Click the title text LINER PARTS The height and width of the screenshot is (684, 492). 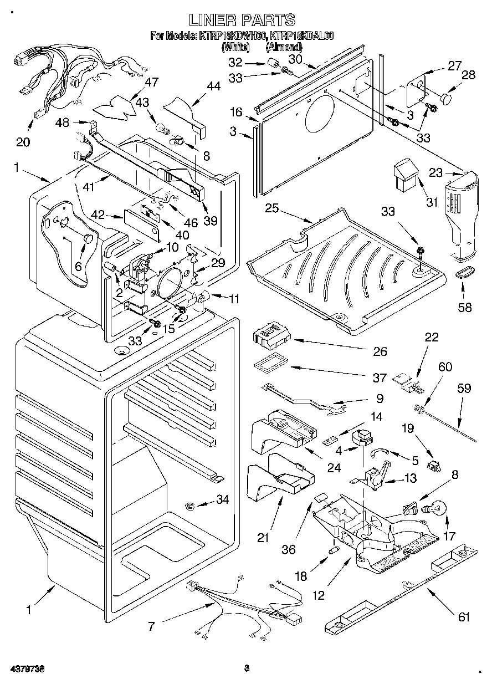tap(242, 21)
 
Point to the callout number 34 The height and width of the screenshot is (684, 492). tap(222, 500)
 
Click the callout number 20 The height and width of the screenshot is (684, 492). tap(23, 142)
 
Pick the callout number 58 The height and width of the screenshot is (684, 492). tap(465, 307)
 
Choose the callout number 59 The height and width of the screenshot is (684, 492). tap(464, 389)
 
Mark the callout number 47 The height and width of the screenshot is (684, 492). tap(151, 82)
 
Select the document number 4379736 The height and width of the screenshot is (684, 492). tap(23, 668)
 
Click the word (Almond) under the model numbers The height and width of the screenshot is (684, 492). tap(285, 48)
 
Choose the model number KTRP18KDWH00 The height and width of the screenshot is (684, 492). tap(231, 37)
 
